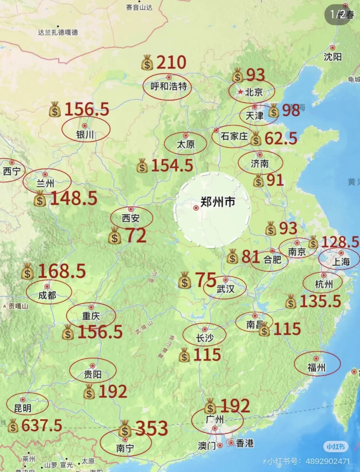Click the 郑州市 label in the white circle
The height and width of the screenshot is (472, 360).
tap(218, 202)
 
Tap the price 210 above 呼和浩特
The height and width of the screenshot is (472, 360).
tap(171, 62)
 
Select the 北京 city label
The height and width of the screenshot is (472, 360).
tap(254, 92)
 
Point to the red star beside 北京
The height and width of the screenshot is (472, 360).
tap(240, 92)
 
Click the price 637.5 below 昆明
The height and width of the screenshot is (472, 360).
tap(42, 425)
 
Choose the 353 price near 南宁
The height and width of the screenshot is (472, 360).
tap(152, 428)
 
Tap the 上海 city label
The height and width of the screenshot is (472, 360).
tap(341, 262)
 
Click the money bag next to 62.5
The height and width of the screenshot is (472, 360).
tap(256, 139)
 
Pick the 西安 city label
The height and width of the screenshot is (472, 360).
tap(131, 219)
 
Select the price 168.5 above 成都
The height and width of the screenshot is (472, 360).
tap(62, 271)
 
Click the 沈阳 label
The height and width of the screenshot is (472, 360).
tap(333, 57)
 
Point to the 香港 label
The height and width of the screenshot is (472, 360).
tap(245, 443)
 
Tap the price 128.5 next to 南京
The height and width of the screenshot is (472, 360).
tap(340, 242)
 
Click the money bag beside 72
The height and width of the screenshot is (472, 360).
tap(115, 236)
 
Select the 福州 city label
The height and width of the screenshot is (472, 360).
tap(316, 368)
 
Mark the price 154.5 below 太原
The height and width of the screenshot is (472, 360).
tap(172, 166)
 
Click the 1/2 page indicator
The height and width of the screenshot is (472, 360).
tap(337, 14)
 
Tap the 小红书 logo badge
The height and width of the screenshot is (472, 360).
tap(336, 446)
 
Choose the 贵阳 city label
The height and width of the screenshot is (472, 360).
tap(93, 375)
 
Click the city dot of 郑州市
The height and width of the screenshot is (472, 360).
tap(196, 208)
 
